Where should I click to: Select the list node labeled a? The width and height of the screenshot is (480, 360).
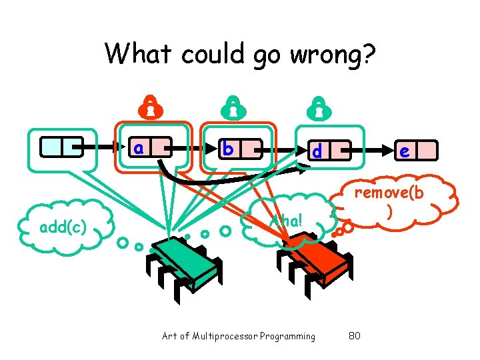pos(149,146)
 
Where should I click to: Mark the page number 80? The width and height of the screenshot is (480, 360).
pos(354,336)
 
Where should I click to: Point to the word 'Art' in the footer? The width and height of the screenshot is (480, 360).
pos(169,336)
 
